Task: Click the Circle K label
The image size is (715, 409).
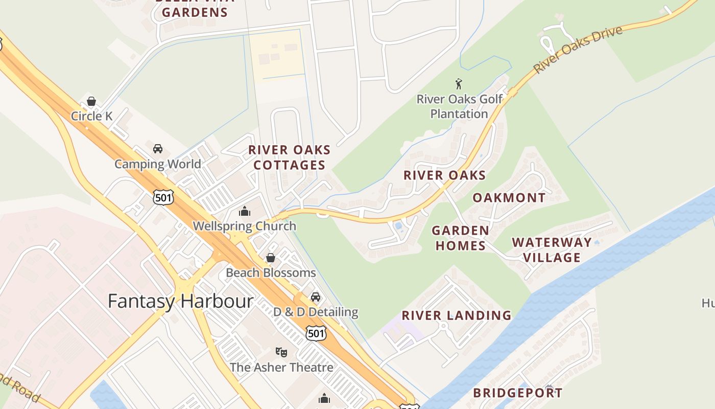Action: pos(91,116)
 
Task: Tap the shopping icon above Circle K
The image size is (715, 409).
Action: pos(91,101)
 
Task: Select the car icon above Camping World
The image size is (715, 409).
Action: pos(158,149)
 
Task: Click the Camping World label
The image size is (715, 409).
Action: pos(157,164)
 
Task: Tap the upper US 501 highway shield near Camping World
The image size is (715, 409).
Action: pos(163,197)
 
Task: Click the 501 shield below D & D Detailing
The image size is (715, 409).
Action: pos(316,333)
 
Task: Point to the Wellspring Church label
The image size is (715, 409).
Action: pos(244,226)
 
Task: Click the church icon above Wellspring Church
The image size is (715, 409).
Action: pos(245,211)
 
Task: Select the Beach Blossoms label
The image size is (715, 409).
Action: pos(271,272)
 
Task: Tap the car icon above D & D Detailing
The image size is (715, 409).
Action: pos(316,297)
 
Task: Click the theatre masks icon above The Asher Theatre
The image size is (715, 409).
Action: pos(281,352)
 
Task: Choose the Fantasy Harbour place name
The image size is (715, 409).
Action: pos(180,301)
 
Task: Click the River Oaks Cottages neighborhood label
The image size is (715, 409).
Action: pos(290,157)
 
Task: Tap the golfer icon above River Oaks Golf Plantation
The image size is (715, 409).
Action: pos(459,84)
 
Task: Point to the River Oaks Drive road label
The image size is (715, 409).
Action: pos(578,49)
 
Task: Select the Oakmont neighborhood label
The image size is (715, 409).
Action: pos(509,198)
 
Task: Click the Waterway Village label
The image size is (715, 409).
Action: pos(552,249)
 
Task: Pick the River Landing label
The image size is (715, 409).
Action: pos(457,315)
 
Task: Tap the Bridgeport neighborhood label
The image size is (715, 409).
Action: pos(517,393)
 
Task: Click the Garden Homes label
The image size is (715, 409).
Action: pos(460,238)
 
